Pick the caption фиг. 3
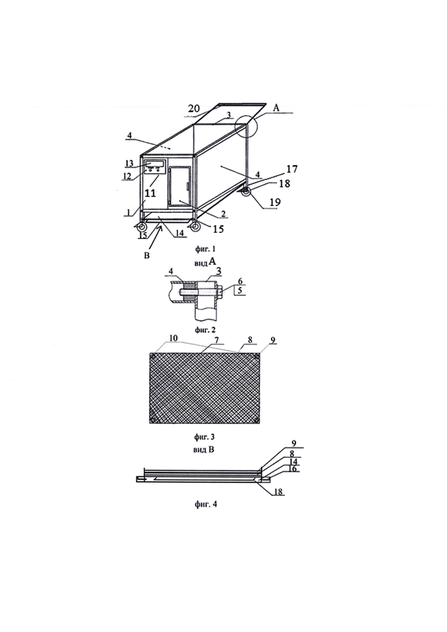tap(205, 437)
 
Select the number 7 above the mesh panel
tap(217, 340)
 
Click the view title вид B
tap(204, 450)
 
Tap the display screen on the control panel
tap(155, 164)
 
